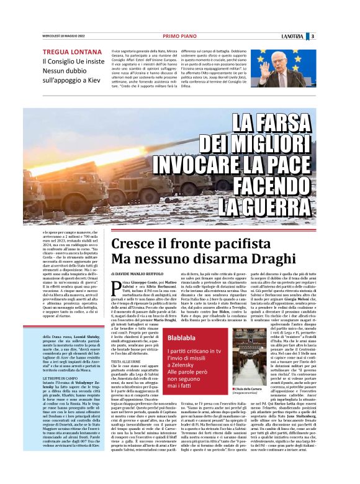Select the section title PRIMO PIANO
[179, 36]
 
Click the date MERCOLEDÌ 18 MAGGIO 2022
[63, 36]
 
